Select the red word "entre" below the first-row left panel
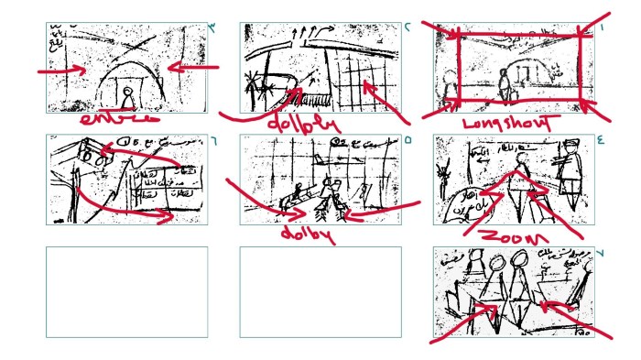117,119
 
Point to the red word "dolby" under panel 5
306,235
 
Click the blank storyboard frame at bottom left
126,291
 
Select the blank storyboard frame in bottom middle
320,291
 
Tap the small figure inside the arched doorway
128,95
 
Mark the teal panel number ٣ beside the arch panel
212,27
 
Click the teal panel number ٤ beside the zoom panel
601,141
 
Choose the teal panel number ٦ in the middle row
212,141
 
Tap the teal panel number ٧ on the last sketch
601,252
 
